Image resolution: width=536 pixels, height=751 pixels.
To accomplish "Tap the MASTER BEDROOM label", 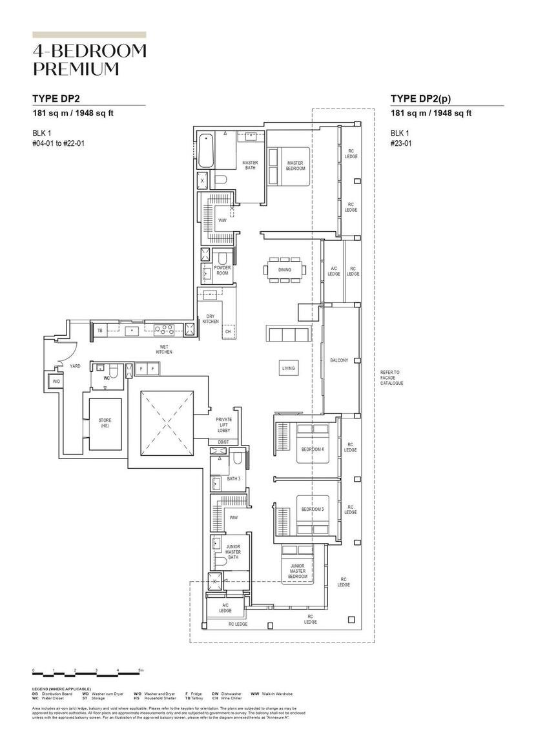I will [295, 166].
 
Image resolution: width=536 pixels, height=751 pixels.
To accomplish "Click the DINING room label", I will [284, 270].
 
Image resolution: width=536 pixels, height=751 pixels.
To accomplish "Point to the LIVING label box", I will [288, 368].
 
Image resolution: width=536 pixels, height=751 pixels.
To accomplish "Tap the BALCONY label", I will [339, 360].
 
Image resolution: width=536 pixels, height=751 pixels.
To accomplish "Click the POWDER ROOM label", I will [223, 271].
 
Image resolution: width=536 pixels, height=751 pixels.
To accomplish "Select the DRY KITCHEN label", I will [211, 318].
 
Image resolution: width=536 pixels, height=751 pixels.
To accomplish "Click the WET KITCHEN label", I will [164, 349].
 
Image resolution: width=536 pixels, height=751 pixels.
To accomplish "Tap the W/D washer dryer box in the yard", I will [56, 382].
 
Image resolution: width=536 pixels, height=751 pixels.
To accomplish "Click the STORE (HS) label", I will [105, 423].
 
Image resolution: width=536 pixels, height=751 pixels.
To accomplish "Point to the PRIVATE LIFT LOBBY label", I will [223, 424].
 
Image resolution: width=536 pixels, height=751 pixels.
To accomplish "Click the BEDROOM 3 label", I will [313, 509].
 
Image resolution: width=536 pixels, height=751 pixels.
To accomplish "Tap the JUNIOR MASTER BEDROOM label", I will [298, 571].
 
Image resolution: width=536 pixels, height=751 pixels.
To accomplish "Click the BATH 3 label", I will [233, 479].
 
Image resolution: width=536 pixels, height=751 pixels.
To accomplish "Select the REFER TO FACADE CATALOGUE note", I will [391, 378].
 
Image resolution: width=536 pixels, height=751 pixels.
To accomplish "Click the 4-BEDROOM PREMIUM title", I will [89, 60].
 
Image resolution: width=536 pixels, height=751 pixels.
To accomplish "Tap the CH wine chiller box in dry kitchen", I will [227, 332].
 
